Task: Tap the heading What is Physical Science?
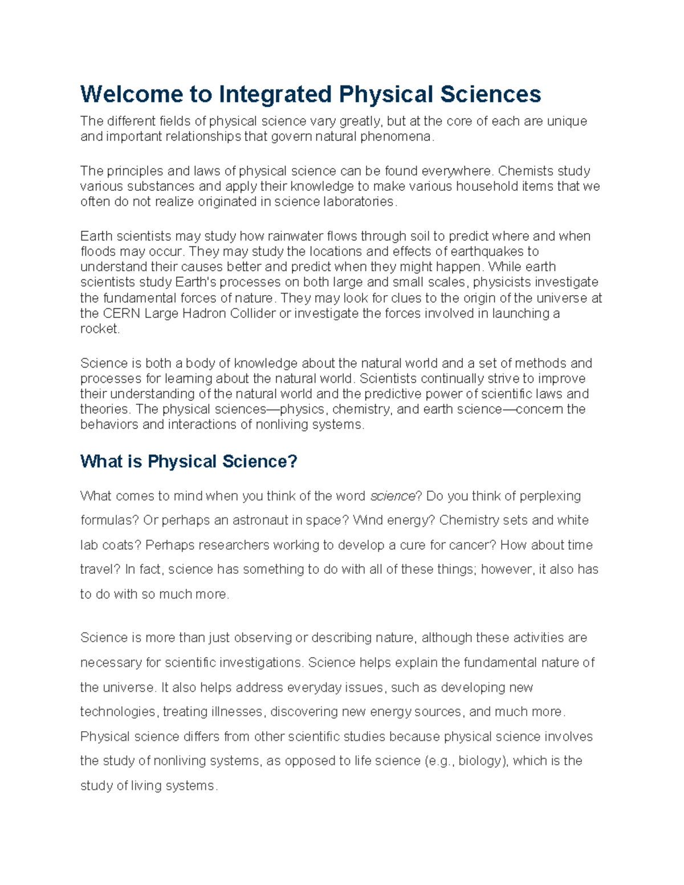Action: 189,461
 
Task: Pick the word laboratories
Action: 359,202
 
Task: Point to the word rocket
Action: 99,329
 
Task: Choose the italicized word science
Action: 393,496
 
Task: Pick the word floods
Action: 97,252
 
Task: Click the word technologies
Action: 117,712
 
